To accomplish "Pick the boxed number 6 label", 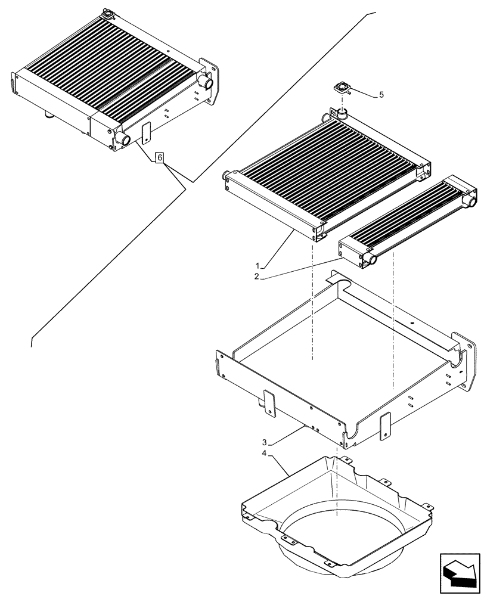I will tap(159, 157).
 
